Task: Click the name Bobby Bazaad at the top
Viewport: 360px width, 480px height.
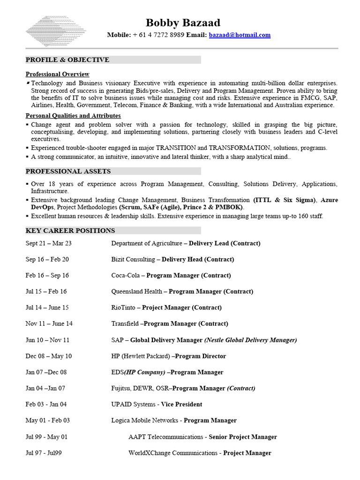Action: pos(182,22)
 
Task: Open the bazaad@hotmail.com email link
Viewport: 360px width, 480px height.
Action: pos(240,35)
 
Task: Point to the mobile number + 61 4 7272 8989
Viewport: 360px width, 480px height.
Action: pos(158,35)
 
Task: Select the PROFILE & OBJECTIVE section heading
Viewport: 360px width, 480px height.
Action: pos(67,60)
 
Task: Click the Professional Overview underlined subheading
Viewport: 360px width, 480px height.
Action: pos(57,74)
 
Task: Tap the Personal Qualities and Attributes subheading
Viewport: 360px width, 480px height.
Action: pos(73,115)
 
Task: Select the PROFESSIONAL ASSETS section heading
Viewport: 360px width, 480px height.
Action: pos(68,171)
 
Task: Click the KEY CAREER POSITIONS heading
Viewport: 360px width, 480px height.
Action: pos(70,230)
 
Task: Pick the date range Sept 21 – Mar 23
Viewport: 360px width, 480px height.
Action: pos(49,243)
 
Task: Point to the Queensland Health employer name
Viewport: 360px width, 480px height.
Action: pos(136,292)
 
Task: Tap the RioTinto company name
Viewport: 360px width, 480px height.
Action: pos(123,307)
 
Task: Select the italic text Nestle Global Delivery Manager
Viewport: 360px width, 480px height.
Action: pos(250,340)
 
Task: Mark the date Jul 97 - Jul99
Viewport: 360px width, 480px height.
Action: pos(44,453)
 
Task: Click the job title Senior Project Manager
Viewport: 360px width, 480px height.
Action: pos(242,437)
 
